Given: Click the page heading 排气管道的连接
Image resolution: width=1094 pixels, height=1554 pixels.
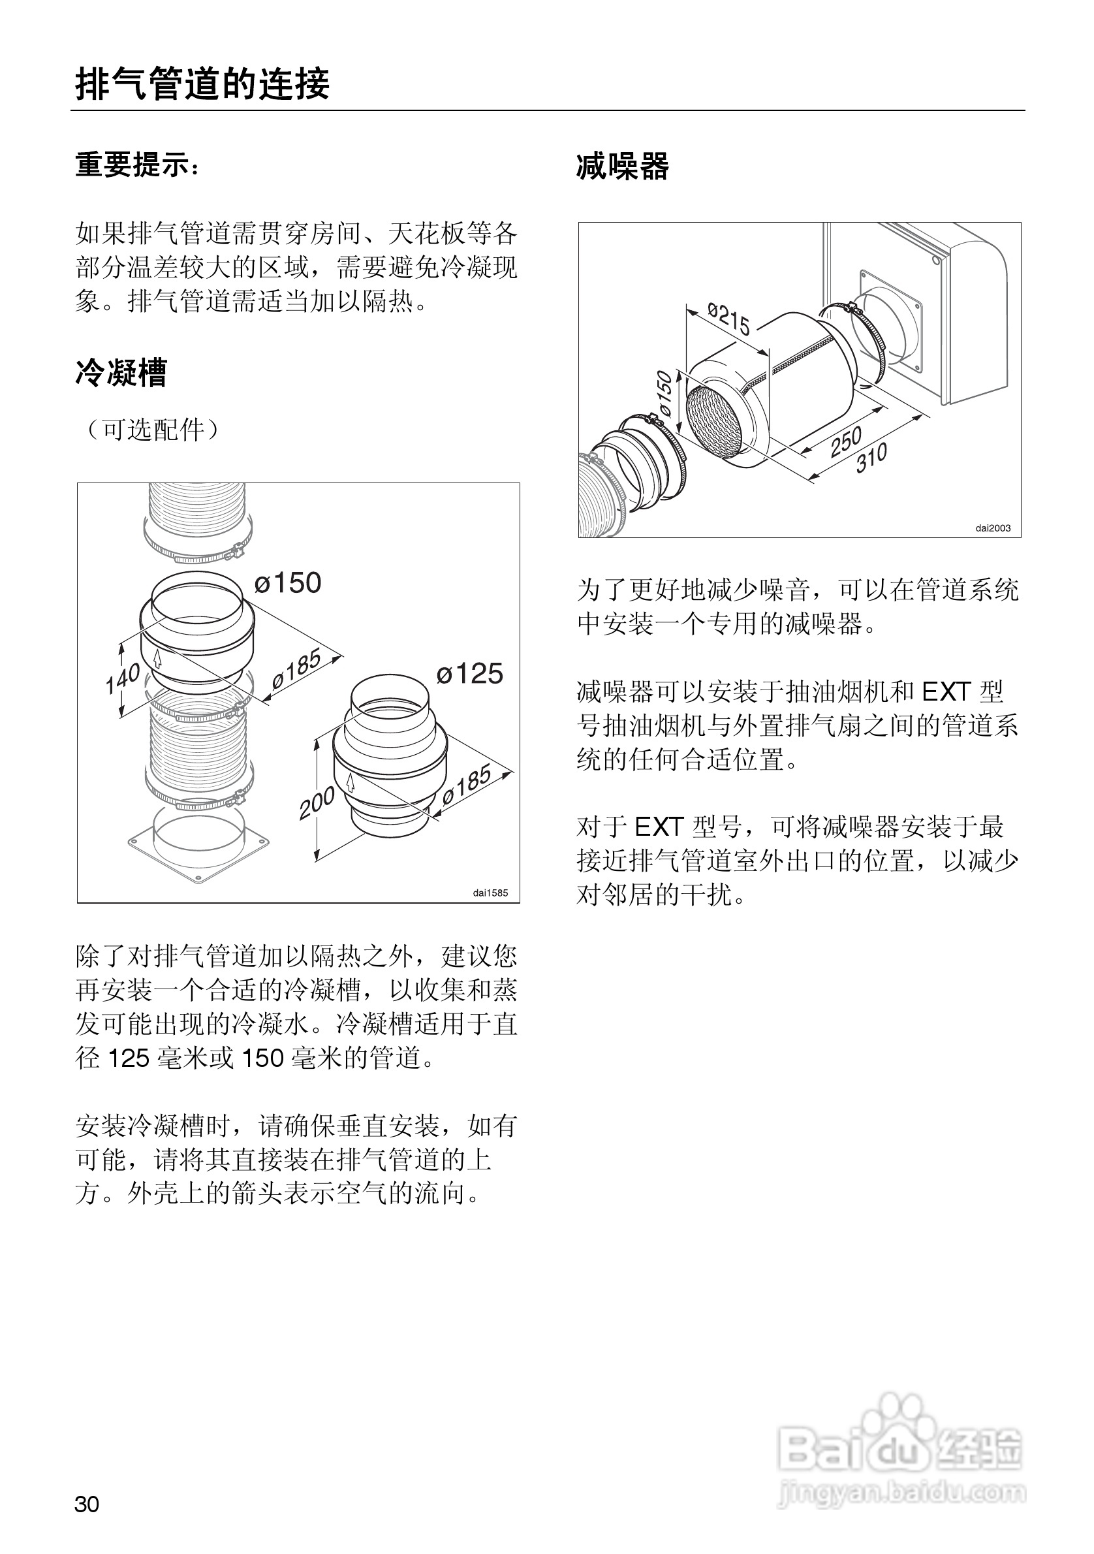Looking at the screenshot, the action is pos(202,84).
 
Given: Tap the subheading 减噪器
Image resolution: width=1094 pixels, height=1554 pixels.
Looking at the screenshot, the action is pos(623,166).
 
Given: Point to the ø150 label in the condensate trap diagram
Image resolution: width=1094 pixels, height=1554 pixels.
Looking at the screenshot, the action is pos(289,582).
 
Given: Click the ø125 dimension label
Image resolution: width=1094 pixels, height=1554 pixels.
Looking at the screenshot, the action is pos(469,673).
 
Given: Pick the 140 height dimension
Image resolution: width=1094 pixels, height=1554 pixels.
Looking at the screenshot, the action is pos(122,678).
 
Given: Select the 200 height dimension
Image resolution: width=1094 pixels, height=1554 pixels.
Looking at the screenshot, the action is pos(317,802).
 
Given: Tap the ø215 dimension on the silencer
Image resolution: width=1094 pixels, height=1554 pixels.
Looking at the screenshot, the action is pos(729,319).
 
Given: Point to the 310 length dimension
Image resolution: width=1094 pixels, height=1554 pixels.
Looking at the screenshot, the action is pos(871,458).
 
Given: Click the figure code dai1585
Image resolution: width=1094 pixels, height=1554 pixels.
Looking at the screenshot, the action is pos(490,893).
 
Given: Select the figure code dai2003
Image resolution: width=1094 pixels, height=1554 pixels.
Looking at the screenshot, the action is pos(993,528).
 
